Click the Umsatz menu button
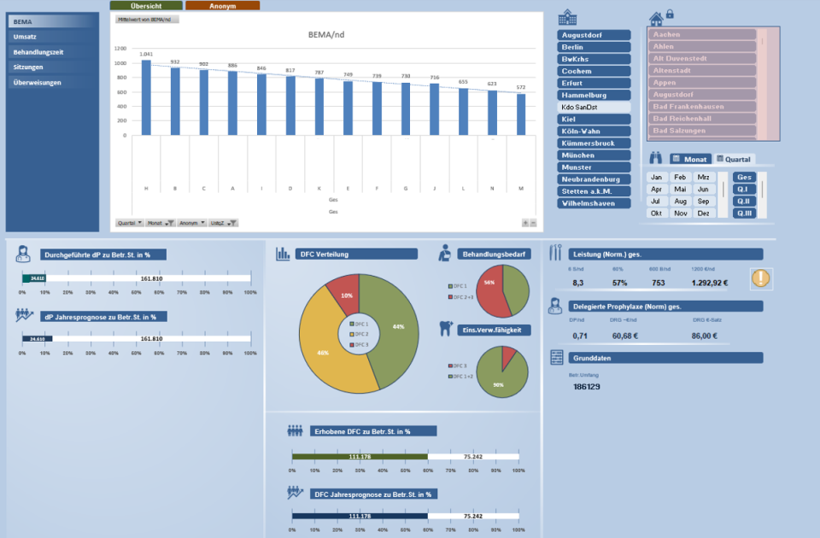click(x=26, y=37)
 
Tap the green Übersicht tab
click(x=146, y=5)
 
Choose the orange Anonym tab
click(x=222, y=5)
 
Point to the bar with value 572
click(x=521, y=114)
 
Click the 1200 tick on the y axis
click(x=120, y=49)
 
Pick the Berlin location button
click(x=594, y=47)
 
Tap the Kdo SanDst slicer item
click(x=594, y=108)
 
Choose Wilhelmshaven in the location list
click(x=594, y=203)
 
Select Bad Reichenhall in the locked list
click(x=702, y=118)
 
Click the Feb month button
click(x=680, y=177)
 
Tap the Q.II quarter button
click(x=743, y=201)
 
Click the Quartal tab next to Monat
click(x=735, y=159)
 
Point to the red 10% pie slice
click(x=344, y=293)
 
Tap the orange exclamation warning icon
click(x=761, y=278)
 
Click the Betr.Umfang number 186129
click(x=586, y=387)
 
